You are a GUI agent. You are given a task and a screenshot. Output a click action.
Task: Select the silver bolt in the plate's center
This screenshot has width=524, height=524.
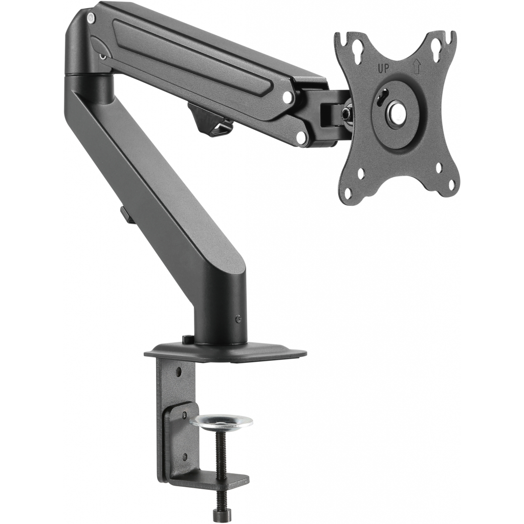[x=397, y=114]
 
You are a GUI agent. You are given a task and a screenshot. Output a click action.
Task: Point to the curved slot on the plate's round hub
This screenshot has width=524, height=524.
[x=380, y=97]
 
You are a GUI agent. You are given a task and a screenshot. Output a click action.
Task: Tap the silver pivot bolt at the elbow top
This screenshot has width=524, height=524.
[x=92, y=18]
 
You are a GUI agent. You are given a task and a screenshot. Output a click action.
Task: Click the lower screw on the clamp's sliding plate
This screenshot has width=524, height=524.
[x=184, y=457]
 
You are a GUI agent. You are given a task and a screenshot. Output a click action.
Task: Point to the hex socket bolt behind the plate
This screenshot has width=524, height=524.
[x=348, y=109]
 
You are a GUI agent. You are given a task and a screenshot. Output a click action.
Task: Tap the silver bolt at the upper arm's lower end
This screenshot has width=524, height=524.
[x=301, y=137]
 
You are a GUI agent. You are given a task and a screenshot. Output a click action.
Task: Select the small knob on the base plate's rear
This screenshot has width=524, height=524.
[x=188, y=339]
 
